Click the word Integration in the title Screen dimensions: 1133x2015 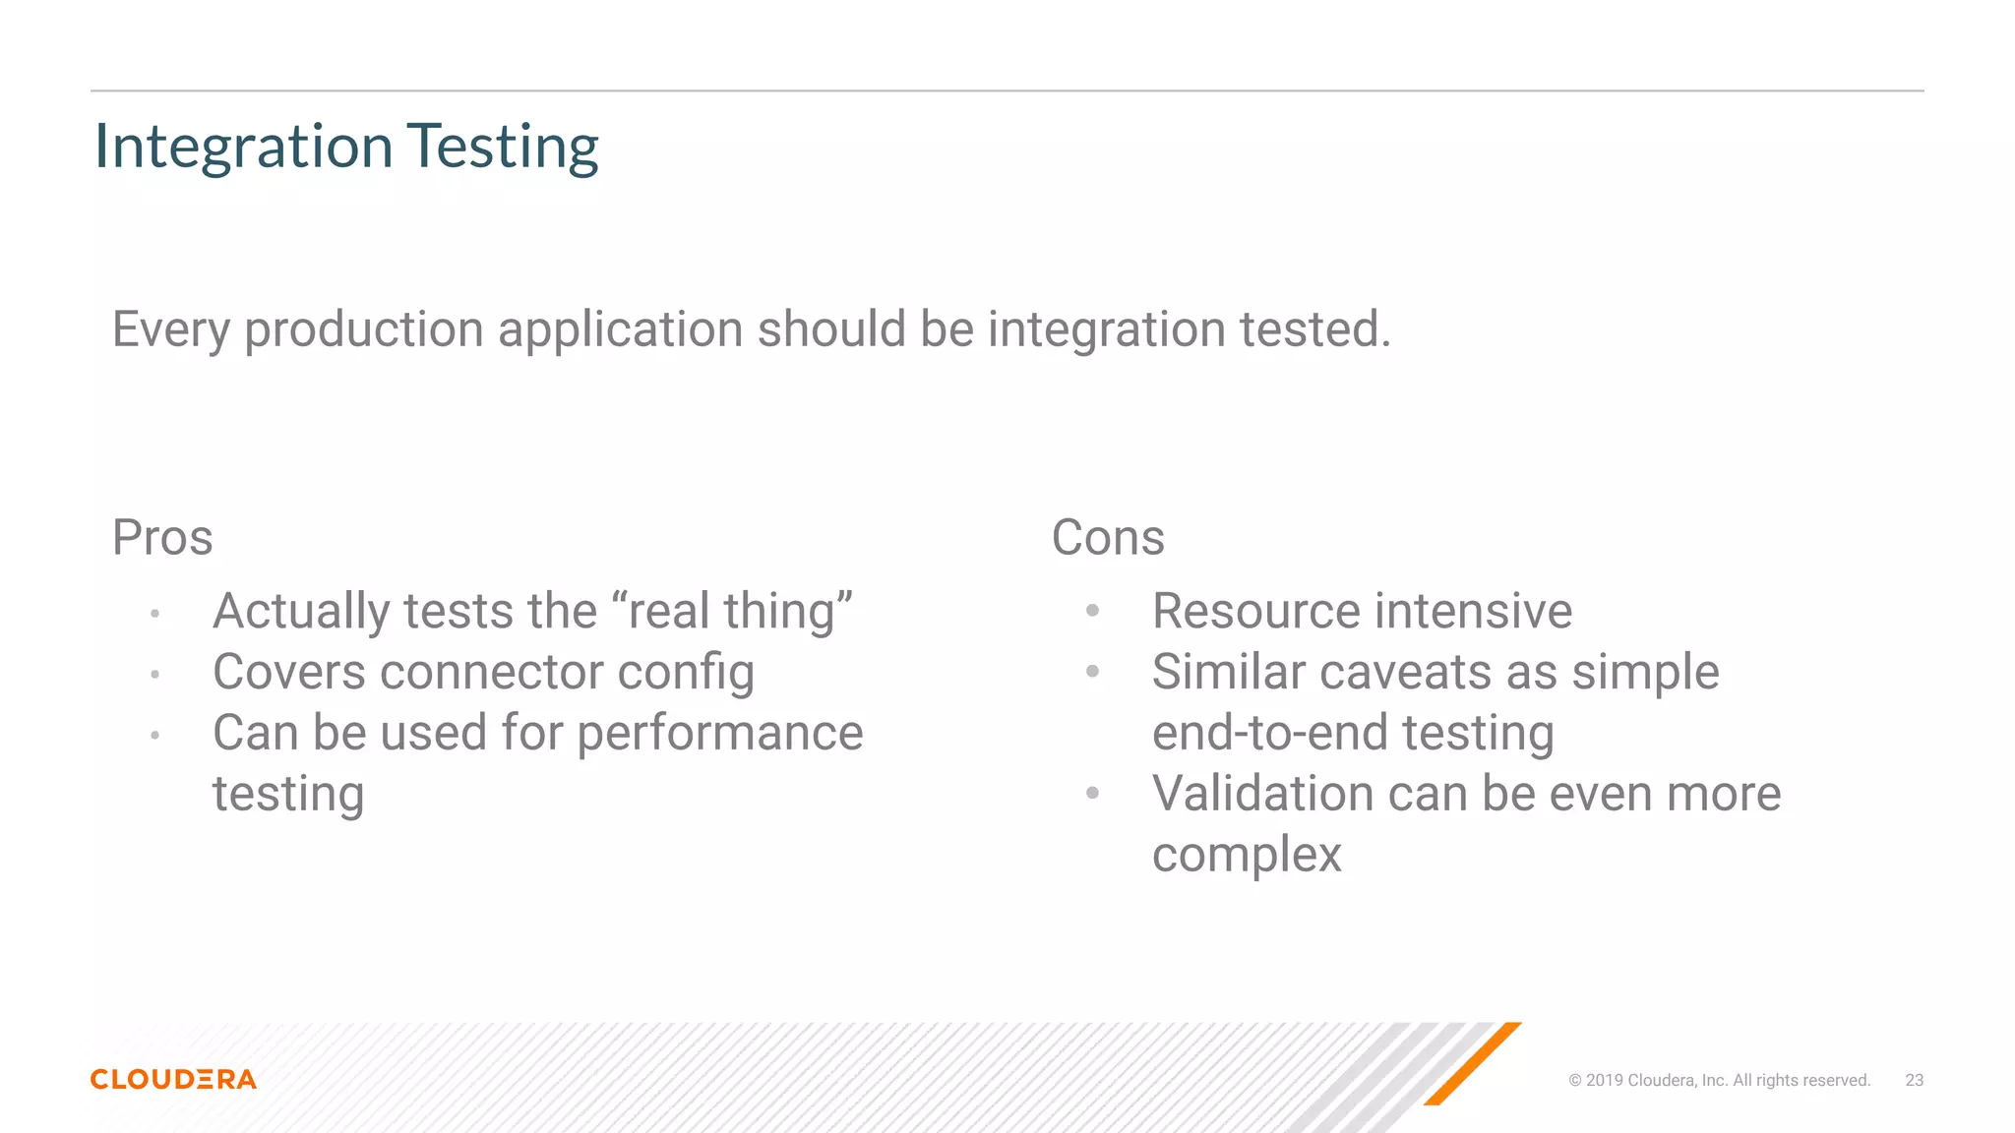click(x=243, y=147)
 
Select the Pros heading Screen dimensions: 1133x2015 click(x=162, y=538)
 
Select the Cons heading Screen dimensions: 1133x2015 click(x=1108, y=538)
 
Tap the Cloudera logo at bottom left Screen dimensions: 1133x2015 click(x=173, y=1079)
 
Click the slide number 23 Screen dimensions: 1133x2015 click(x=1914, y=1080)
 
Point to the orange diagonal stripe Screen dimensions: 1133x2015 click(x=1472, y=1064)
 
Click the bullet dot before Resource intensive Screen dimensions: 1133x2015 click(x=1092, y=611)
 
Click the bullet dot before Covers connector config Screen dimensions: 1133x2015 click(x=154, y=675)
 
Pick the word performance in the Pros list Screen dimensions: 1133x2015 click(x=719, y=734)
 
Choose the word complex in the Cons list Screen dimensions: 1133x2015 click(x=1247, y=856)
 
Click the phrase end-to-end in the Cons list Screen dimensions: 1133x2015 click(x=1269, y=734)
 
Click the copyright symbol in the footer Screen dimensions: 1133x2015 click(x=1574, y=1080)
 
